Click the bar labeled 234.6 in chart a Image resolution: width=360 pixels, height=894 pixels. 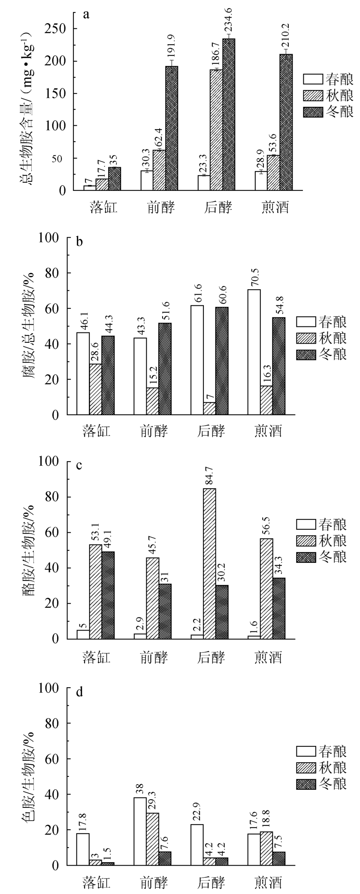point(228,114)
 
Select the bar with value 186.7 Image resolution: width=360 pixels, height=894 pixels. point(216,130)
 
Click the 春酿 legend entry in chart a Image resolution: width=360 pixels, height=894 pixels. point(328,79)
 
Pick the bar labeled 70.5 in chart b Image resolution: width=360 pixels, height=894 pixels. point(254,352)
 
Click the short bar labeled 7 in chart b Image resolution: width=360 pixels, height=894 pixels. point(209,408)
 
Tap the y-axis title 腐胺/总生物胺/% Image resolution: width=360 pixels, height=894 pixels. point(29,326)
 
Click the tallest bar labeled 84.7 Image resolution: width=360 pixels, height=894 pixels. point(209,563)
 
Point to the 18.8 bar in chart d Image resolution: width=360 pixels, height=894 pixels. point(266,850)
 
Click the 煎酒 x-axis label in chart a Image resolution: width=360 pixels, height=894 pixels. point(275,208)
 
